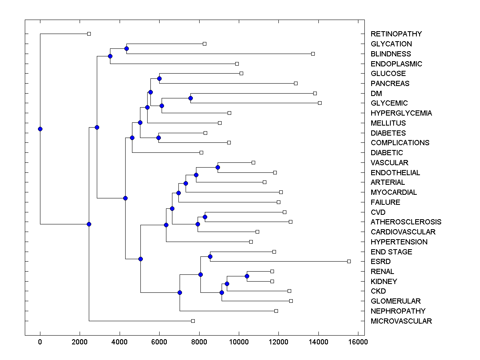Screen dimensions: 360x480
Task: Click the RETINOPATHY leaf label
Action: (x=396, y=34)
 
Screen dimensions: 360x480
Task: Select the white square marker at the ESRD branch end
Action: (x=349, y=261)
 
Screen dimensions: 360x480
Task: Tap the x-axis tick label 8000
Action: (x=199, y=341)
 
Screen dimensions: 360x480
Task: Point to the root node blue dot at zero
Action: (x=40, y=129)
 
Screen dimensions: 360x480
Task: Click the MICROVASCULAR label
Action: (x=401, y=321)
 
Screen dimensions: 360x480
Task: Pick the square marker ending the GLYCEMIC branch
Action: (x=320, y=103)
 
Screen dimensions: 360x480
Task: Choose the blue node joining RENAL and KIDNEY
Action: (x=247, y=276)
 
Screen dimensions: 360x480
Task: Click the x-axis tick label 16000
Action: (x=357, y=341)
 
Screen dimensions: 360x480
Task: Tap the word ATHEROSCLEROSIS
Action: (x=406, y=222)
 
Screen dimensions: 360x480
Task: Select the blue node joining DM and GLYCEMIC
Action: (x=191, y=98)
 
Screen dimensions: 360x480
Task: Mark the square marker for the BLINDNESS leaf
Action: (x=313, y=54)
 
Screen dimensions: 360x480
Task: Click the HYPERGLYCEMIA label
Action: (x=401, y=113)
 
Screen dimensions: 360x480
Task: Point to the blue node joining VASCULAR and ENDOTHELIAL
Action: (x=218, y=167)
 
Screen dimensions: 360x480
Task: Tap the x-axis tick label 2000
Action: (x=80, y=341)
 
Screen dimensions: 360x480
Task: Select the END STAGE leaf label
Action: (x=391, y=252)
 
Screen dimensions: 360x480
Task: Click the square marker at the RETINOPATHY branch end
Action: (x=89, y=34)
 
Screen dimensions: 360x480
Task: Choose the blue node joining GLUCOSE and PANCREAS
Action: (x=159, y=78)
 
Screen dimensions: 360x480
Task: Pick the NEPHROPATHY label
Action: (x=398, y=311)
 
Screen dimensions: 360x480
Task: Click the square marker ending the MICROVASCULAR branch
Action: (x=193, y=321)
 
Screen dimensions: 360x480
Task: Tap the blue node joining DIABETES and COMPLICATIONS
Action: (x=158, y=138)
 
